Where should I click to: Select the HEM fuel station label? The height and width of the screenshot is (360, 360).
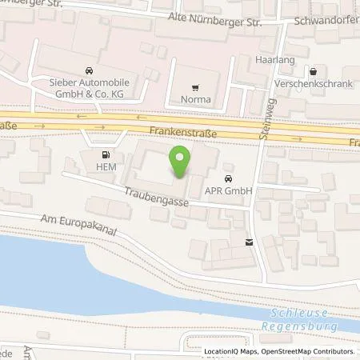pos(106,166)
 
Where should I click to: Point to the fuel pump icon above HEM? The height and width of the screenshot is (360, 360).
pos(106,154)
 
